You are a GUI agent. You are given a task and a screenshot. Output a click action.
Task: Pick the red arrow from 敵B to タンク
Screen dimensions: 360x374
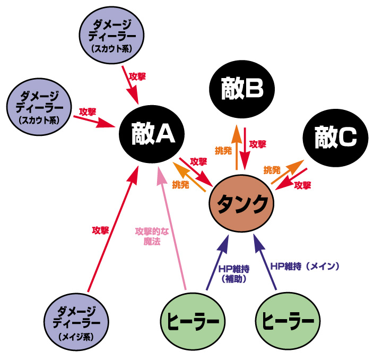[246, 149]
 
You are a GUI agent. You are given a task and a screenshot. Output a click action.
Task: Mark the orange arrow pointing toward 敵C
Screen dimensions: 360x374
[289, 171]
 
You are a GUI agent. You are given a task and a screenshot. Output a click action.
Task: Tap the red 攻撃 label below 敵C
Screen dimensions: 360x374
[302, 185]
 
